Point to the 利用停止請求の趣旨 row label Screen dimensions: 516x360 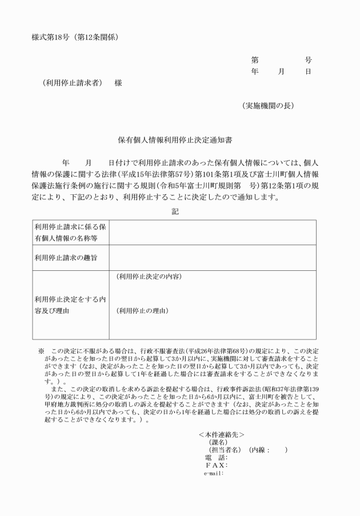(65, 258)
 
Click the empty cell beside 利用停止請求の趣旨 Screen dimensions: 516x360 (212, 258)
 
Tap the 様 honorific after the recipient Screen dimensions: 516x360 (118, 82)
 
